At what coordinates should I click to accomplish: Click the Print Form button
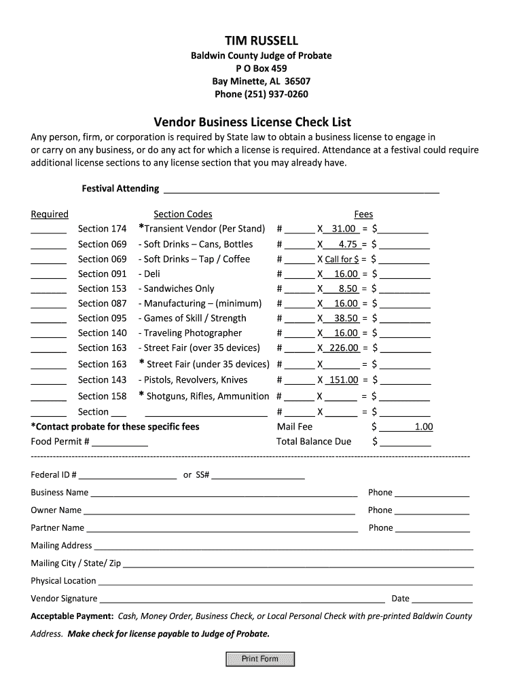[x=260, y=658]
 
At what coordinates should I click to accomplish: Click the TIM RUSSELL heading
[x=261, y=41]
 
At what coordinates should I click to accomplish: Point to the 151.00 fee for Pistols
[x=343, y=380]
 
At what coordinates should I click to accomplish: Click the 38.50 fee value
[x=345, y=318]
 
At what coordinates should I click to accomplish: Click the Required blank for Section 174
[x=48, y=229]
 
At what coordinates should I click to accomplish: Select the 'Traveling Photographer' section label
[x=192, y=333]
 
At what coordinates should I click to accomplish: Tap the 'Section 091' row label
[x=102, y=274]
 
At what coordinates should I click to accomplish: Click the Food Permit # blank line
[x=120, y=443]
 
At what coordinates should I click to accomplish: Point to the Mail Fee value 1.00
[x=423, y=427]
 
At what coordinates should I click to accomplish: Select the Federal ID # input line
[x=128, y=476]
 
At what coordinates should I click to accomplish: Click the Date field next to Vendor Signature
[x=442, y=599]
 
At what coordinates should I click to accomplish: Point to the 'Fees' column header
[x=363, y=214]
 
